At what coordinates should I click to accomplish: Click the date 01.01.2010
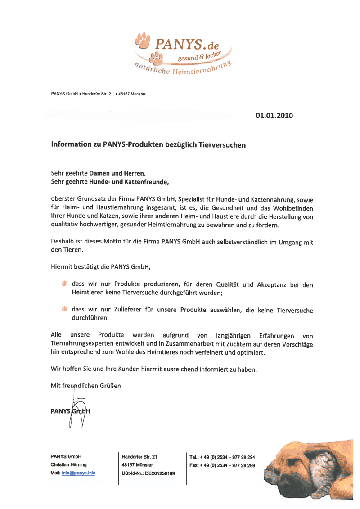coord(274,116)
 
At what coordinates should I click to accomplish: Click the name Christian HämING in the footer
coord(69,464)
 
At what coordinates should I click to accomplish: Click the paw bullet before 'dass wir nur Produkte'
coord(64,284)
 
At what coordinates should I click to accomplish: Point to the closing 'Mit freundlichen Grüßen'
coord(86,386)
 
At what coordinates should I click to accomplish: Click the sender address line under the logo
coord(98,94)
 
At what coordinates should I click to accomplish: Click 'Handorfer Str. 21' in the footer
coord(139,456)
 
